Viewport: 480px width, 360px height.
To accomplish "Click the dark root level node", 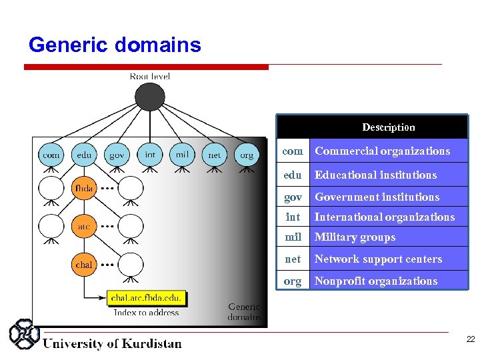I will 149,97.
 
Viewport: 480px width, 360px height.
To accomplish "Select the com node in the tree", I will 51,155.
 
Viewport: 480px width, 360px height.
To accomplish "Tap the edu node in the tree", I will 84,155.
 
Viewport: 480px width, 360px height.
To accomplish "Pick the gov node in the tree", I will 117,155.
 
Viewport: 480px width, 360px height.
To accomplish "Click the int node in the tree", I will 150,155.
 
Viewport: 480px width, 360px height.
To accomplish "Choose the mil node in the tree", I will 181,155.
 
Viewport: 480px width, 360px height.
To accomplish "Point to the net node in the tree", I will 214,155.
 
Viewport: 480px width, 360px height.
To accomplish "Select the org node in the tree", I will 247,155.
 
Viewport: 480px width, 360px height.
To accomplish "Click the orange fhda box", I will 84,189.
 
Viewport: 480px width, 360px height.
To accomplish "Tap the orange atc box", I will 84,227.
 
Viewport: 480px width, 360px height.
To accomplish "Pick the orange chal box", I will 84,265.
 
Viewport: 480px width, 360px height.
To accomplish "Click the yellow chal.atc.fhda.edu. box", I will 146,298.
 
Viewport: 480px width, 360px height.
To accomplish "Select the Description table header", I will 388,127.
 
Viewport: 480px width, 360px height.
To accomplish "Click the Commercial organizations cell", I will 382,151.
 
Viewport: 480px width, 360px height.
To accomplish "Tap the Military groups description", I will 355,237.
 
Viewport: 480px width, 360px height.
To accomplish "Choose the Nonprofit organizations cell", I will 376,281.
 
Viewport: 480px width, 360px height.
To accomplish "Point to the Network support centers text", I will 378,259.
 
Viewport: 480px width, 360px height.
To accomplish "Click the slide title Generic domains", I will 115,45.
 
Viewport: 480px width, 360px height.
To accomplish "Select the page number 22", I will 470,340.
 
